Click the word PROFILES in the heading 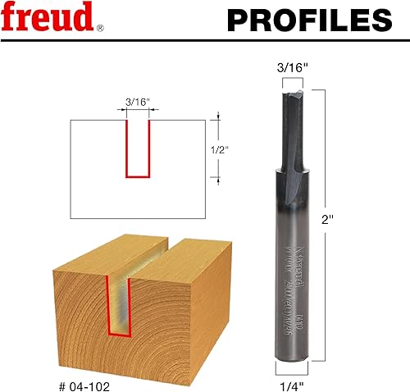[x=307, y=19]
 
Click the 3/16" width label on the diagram [x=138, y=103]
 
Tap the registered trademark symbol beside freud [x=100, y=27]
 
